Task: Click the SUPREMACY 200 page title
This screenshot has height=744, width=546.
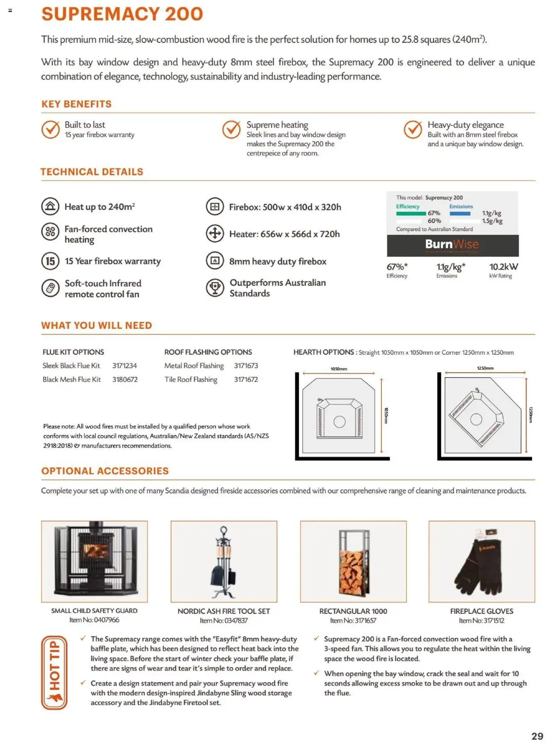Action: [x=122, y=14]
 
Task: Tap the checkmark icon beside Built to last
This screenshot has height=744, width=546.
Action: [x=50, y=130]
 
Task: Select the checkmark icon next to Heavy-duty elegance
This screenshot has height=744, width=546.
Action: [x=412, y=130]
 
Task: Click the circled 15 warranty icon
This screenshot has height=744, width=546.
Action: [x=50, y=261]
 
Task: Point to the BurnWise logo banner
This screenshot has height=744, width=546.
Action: [x=452, y=245]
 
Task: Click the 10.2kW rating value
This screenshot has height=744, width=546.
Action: [x=503, y=267]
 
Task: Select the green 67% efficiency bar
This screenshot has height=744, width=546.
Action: [x=411, y=213]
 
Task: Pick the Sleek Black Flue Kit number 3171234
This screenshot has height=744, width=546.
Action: [x=125, y=366]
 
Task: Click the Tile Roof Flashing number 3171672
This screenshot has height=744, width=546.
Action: [x=246, y=379]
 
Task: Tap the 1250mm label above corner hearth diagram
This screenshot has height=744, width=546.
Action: [x=485, y=368]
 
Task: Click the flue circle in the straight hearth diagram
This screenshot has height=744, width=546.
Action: [x=339, y=422]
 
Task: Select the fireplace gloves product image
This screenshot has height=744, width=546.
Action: [x=482, y=561]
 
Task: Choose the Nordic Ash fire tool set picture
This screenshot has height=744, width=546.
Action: [x=224, y=561]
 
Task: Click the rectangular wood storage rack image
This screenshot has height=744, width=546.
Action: [x=353, y=561]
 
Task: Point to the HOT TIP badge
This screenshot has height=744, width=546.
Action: [x=54, y=672]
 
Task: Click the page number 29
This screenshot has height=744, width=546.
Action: [x=537, y=736]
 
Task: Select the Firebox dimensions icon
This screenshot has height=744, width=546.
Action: [x=215, y=207]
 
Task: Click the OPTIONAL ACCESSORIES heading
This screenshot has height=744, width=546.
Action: [x=105, y=471]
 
